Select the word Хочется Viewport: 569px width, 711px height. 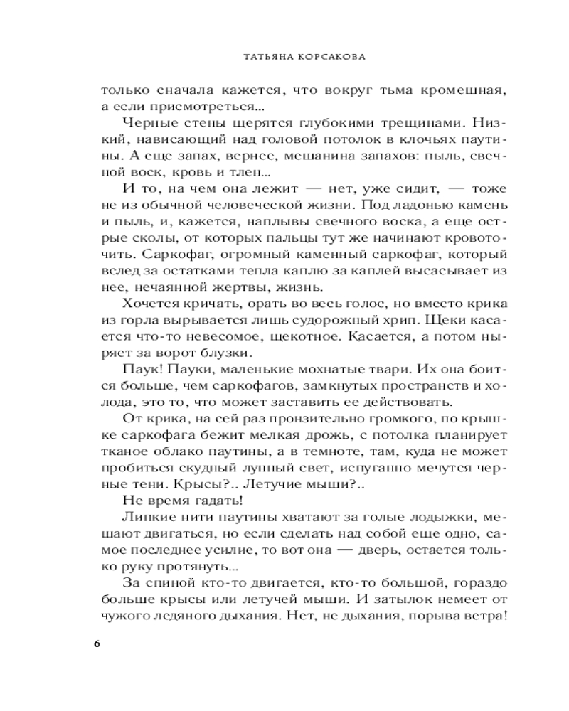pos(149,304)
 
